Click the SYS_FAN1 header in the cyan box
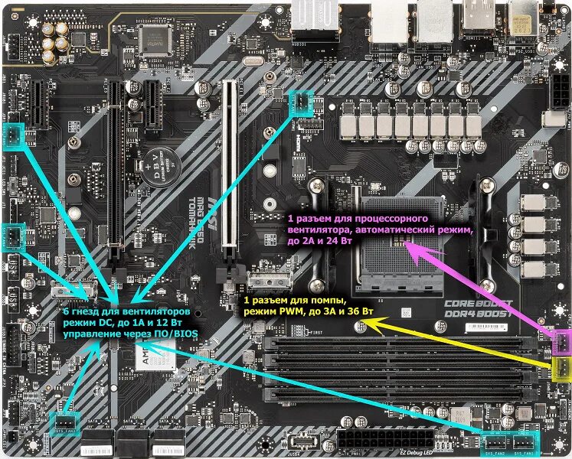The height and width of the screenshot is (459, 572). pyautogui.click(x=525, y=443)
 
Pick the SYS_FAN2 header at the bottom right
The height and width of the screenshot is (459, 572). pyautogui.click(x=496, y=443)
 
